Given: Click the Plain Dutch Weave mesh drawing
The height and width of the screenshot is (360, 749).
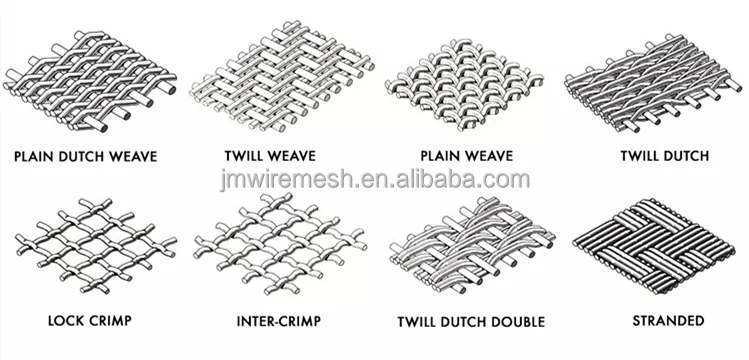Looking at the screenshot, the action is click(x=90, y=81).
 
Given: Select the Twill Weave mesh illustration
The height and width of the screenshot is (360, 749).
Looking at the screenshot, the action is click(x=282, y=76).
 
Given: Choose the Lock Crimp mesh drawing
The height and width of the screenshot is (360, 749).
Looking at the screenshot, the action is click(x=96, y=245).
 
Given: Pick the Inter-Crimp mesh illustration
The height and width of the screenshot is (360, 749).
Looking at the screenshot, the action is click(x=280, y=244).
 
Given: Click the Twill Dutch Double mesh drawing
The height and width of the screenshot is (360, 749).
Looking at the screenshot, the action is click(x=472, y=245).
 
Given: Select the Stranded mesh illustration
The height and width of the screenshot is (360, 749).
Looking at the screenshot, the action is click(x=653, y=244).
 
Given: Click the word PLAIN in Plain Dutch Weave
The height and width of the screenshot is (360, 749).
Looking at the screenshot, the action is click(x=32, y=156).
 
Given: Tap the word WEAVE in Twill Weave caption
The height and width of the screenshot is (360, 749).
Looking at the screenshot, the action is click(x=293, y=156).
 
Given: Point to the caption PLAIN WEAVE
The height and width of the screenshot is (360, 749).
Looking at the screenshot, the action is click(x=466, y=156).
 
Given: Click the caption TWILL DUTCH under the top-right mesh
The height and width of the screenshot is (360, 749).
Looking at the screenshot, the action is click(x=664, y=156).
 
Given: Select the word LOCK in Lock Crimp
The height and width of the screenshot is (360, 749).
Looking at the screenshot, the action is click(x=64, y=320).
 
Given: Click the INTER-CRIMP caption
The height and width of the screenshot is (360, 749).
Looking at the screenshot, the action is click(x=278, y=321).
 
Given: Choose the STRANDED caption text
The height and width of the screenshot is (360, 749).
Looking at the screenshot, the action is click(x=668, y=320).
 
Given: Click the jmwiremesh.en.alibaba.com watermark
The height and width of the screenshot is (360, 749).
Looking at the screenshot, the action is click(x=374, y=180).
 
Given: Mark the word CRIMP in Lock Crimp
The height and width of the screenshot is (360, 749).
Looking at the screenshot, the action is click(x=107, y=320).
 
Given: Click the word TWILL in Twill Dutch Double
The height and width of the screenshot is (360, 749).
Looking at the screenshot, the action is click(x=417, y=321).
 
